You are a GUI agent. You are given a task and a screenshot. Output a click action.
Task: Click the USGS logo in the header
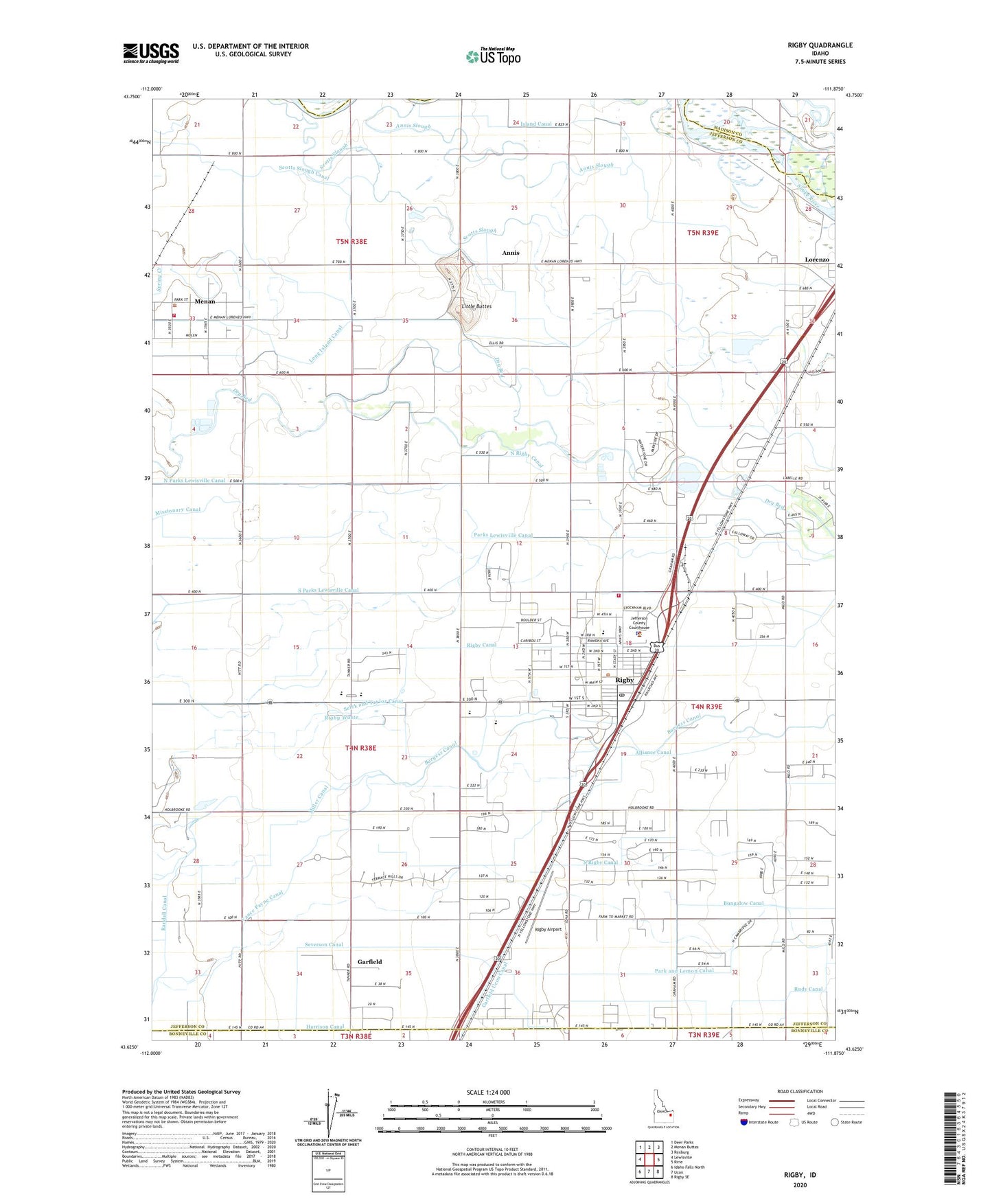click(151, 53)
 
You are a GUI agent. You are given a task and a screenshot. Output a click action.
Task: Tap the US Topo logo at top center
click(493, 56)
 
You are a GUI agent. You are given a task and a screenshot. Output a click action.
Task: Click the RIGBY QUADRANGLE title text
click(820, 45)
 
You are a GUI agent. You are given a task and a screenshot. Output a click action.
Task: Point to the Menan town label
click(205, 301)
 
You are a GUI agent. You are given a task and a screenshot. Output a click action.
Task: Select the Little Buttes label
click(476, 306)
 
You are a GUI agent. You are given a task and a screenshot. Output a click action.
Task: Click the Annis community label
click(511, 253)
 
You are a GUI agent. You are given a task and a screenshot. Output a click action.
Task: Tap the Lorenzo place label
click(817, 260)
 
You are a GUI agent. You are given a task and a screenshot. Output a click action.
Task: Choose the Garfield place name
click(369, 961)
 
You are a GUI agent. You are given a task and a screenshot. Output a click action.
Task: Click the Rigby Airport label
click(549, 929)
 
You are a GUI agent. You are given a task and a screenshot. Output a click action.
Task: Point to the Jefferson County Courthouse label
click(639, 623)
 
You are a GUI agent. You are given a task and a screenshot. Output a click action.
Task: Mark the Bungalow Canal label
click(743, 904)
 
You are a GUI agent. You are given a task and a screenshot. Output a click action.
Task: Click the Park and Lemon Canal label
click(684, 971)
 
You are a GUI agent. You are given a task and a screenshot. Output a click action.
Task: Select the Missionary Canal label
click(178, 510)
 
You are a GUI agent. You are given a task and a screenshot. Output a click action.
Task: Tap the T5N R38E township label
click(351, 242)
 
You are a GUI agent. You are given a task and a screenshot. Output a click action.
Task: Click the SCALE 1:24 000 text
click(488, 1093)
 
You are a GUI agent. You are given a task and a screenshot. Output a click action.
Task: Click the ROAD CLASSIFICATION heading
click(800, 1091)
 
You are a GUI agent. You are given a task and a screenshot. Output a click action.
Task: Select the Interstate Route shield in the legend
click(745, 1122)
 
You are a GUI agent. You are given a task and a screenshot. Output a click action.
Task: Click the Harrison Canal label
click(325, 1027)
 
